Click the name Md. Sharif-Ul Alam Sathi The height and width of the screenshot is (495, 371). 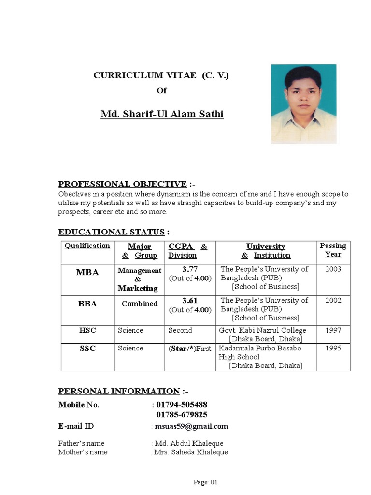tap(162, 115)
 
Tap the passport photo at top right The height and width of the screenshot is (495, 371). tap(304, 104)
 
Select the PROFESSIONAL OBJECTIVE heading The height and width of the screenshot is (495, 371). tap(122, 184)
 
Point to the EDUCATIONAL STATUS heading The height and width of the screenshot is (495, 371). tap(112, 232)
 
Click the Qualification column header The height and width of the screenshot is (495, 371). tap(87, 246)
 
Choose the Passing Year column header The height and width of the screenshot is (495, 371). tap(333, 250)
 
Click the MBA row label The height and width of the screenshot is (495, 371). tap(87, 273)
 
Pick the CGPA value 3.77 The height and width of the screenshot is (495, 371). tap(190, 269)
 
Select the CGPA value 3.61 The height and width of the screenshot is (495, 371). tap(190, 301)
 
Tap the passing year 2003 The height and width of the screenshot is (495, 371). tap(333, 269)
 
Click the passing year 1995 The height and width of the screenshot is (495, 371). tap(333, 348)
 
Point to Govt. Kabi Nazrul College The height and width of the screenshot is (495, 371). tap(262, 330)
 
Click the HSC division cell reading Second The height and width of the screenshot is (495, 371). tap(180, 330)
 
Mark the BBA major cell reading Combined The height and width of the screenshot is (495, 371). tap(139, 304)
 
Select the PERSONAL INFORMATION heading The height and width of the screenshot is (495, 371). tap(119, 391)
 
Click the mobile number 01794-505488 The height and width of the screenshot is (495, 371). tap(182, 405)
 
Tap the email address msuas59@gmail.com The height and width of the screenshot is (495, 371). tap(191, 426)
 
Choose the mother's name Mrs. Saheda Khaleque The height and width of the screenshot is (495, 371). tap(191, 452)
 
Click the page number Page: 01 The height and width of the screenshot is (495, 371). tap(206, 482)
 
